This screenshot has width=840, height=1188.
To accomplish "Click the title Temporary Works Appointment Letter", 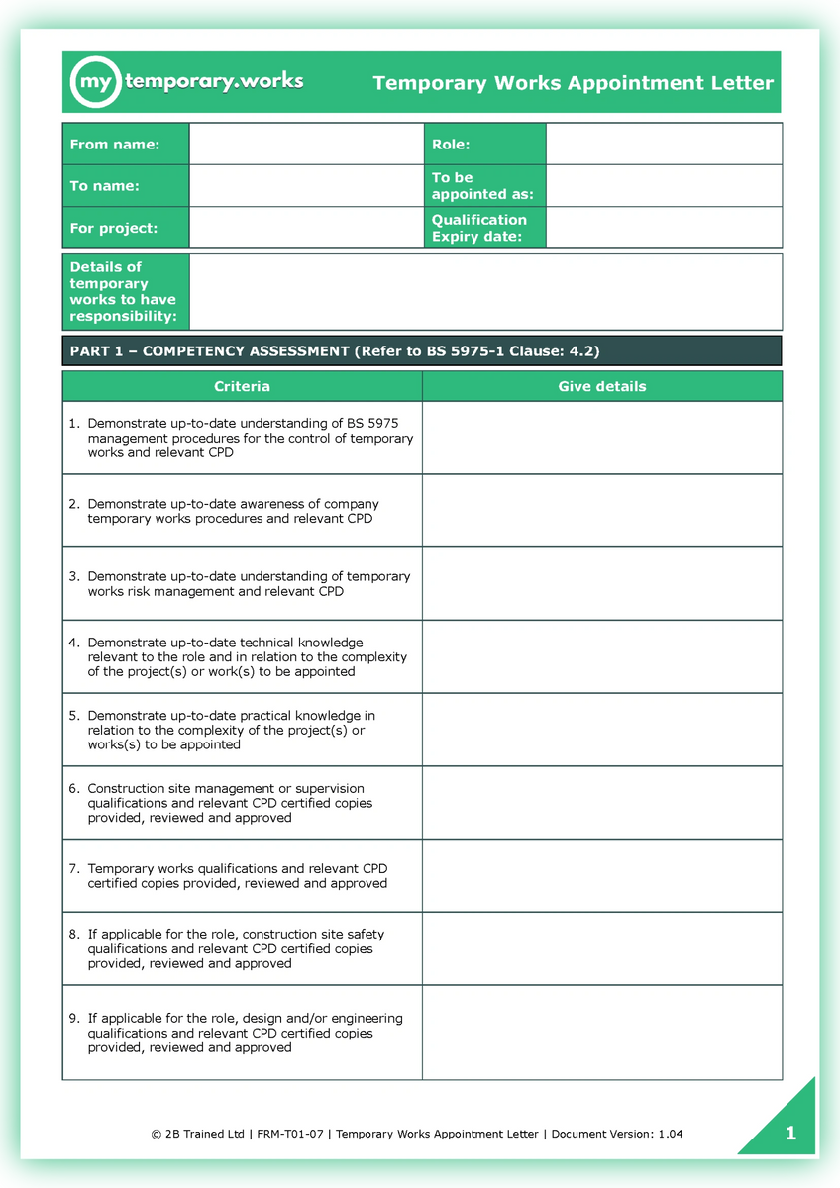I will pos(573,83).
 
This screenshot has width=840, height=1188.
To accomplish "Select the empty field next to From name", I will pos(306,145).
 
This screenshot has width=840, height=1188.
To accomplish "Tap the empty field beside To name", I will pos(306,186).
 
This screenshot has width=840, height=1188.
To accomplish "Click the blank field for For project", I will pos(306,228).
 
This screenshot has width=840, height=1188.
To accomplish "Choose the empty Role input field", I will pos(664,145).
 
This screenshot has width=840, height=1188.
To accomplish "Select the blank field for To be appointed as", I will pos(664,186).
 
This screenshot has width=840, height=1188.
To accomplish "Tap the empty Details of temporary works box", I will pos(484,292).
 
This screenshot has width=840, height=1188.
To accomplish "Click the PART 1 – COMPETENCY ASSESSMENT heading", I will pos(334,351).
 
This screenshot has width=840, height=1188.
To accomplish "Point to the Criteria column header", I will pos(242,386).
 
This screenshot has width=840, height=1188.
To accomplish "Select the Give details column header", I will pos(601,386).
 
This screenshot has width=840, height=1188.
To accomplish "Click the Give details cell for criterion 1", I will pos(601,438).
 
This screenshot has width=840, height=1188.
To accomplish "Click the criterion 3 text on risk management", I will pos(248,584).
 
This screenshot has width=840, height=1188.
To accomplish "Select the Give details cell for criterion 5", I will pos(601,730).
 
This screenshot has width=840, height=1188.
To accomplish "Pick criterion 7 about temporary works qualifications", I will pos(237,876).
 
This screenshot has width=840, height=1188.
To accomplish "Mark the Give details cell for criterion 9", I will pos(601,1032).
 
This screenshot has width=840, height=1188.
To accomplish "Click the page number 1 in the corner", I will pos(790,1134).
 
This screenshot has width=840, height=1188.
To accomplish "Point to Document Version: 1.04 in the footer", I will pos(616,1134).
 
